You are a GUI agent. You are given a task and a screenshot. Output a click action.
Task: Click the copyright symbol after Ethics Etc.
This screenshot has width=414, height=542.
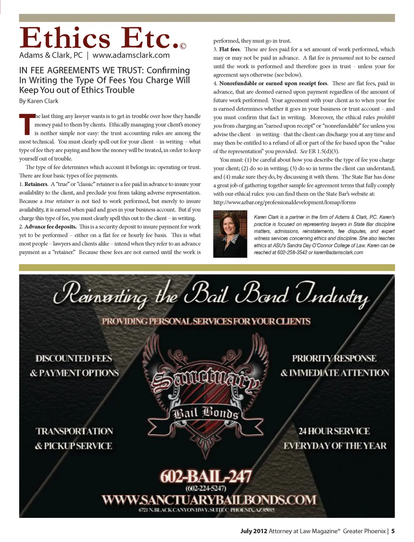click(183, 46)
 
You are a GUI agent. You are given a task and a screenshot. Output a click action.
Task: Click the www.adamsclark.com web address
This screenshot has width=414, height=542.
click(131, 55)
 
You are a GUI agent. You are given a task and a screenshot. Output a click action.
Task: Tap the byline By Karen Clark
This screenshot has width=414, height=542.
click(38, 101)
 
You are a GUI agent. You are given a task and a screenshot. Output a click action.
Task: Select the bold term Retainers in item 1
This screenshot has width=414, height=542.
click(36, 184)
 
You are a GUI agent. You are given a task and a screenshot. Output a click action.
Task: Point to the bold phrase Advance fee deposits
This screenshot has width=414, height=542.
click(50, 227)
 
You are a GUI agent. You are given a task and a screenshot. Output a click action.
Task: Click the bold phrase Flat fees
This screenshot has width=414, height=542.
click(229, 49)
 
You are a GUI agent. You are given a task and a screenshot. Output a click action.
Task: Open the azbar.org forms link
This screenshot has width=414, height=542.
click(285, 203)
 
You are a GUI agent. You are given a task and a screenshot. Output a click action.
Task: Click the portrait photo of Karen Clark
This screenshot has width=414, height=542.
click(230, 234)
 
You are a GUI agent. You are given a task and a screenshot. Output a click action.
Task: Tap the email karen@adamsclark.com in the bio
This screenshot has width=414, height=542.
click(338, 253)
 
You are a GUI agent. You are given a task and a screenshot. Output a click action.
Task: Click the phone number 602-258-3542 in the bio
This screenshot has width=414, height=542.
click(292, 253)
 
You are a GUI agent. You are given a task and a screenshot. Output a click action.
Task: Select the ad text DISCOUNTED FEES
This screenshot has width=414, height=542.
click(74, 358)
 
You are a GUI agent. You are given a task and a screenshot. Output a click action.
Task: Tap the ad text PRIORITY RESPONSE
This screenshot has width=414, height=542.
click(334, 358)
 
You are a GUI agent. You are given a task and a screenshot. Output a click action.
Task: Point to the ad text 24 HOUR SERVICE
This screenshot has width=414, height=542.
click(334, 431)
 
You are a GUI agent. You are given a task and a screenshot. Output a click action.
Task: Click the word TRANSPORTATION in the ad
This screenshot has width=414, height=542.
click(74, 431)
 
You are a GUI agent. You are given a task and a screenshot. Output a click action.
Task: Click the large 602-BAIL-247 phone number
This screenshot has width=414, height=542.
click(206, 476)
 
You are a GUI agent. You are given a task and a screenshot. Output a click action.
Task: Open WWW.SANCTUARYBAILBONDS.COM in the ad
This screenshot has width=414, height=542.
click(209, 500)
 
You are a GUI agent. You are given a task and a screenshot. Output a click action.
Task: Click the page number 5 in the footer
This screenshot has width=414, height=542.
click(393, 531)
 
